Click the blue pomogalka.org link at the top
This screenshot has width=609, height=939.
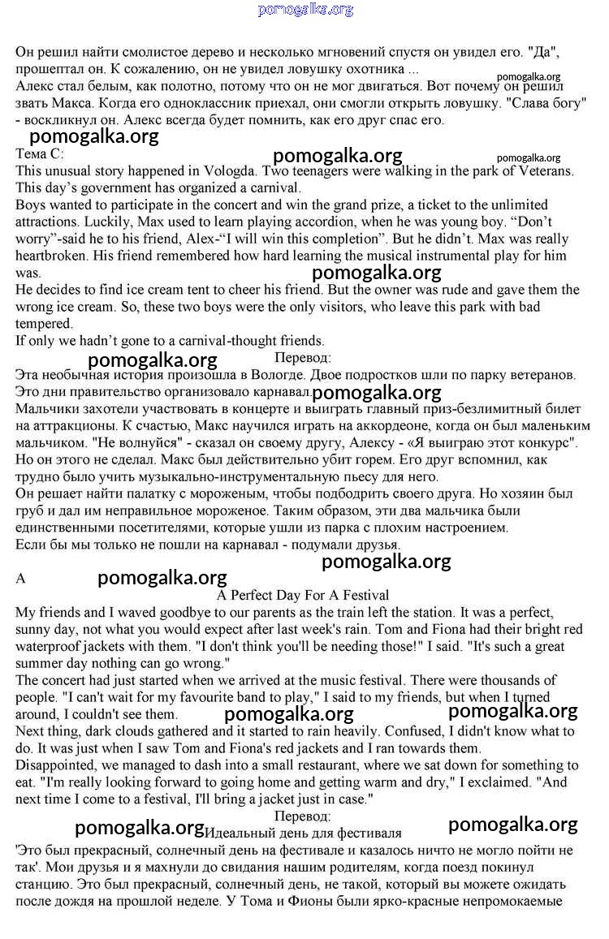305,10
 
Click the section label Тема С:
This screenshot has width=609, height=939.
39,153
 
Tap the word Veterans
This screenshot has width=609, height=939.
543,170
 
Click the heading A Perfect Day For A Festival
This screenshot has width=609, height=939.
304,595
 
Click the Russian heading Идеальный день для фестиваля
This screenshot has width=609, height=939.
304,833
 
